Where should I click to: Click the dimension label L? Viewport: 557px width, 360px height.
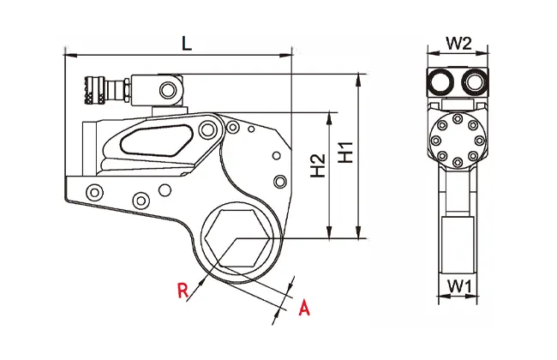[187, 44]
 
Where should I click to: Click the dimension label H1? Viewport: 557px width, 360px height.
[345, 152]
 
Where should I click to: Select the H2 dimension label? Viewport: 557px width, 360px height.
[318, 165]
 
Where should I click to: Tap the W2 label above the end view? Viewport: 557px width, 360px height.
[458, 44]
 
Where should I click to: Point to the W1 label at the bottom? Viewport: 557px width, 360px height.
[459, 286]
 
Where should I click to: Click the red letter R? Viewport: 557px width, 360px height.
[183, 291]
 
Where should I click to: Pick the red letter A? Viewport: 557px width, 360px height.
[304, 308]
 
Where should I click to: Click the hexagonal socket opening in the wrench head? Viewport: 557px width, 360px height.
[237, 237]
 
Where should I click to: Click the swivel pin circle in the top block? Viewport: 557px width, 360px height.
[168, 89]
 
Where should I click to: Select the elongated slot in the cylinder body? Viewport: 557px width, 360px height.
[156, 141]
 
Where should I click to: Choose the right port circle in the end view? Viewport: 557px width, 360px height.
[475, 82]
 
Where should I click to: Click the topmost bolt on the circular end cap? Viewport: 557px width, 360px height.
[458, 118]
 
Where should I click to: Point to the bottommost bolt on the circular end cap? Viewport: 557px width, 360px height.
[458, 162]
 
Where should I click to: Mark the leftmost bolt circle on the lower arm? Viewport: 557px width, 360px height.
[94, 193]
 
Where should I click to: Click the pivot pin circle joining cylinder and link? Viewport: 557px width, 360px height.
[207, 129]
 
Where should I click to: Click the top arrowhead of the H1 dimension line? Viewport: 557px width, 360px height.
[359, 79]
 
